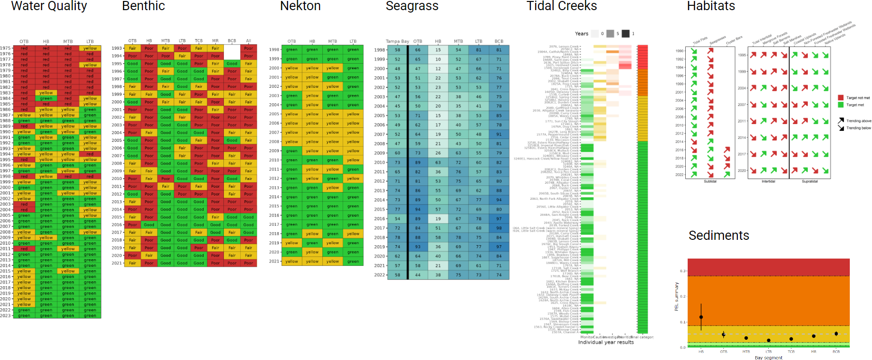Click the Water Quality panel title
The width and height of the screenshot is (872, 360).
click(x=49, y=6)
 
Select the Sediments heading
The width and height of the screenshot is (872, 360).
click(x=719, y=235)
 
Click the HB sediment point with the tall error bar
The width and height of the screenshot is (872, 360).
click(x=701, y=317)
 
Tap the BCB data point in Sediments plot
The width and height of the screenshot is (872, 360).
click(x=836, y=333)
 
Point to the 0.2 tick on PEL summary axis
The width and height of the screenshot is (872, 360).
click(x=683, y=296)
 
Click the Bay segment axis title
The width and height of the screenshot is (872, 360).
click(x=768, y=358)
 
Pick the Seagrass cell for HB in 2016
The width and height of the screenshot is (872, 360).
click(x=438, y=219)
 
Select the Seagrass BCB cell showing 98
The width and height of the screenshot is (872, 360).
click(x=499, y=228)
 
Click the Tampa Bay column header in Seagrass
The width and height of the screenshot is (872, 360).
click(x=397, y=42)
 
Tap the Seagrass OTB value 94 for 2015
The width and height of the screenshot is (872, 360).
click(x=418, y=209)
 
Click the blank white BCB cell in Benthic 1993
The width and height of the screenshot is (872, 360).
click(x=232, y=48)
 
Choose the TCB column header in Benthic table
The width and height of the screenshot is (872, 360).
click(x=199, y=41)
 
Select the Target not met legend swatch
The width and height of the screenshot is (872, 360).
click(x=841, y=98)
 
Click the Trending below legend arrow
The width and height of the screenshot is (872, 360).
click(x=841, y=128)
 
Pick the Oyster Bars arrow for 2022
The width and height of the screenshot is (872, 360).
click(x=727, y=174)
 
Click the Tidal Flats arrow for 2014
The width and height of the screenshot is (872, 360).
click(x=694, y=142)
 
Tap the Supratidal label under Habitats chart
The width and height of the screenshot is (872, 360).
click(x=810, y=181)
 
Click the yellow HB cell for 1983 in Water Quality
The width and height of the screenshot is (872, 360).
click(x=46, y=93)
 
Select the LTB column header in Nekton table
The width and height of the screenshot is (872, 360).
click(x=353, y=42)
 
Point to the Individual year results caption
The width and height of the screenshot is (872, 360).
click(x=606, y=342)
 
